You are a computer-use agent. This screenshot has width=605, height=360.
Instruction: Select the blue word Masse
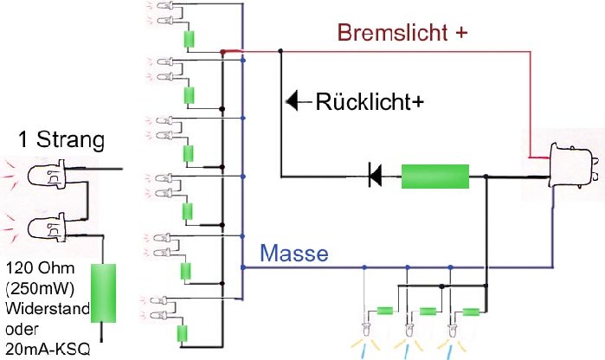pos(294,254)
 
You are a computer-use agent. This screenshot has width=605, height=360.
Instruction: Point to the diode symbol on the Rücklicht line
pos(376,177)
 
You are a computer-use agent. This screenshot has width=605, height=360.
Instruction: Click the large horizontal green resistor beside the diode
pos(434,177)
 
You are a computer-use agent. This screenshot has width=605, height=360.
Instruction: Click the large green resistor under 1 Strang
pos(103,293)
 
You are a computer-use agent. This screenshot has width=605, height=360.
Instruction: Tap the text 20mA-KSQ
pos(47,350)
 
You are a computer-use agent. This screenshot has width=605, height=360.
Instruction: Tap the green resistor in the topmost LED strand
pos(188,40)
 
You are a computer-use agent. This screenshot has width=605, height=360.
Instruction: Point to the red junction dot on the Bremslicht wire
pos(223,52)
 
